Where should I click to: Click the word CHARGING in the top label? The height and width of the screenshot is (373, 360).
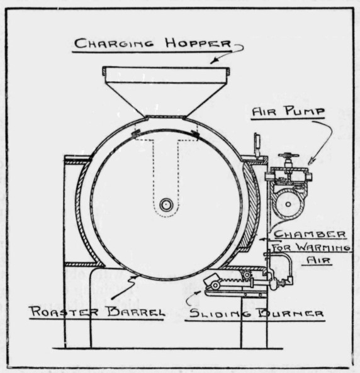tap(114, 43)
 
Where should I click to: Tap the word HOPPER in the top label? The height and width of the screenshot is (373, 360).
tap(198, 43)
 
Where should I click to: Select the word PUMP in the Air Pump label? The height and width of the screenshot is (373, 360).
tap(305, 111)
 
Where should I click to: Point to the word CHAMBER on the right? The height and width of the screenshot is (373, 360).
tap(310, 235)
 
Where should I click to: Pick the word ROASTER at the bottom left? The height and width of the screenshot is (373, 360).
tap(64, 311)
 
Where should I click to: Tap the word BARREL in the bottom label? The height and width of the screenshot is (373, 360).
tap(136, 312)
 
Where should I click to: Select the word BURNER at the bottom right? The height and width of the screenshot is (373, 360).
tap(291, 313)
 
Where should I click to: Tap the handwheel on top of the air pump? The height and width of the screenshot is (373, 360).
tap(289, 156)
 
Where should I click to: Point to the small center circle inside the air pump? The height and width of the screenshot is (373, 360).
tap(288, 204)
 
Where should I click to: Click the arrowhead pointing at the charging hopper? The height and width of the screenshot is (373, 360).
tap(213, 62)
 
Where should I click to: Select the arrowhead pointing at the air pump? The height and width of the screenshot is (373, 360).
tap(312, 162)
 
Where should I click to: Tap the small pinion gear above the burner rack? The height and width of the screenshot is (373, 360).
tap(247, 274)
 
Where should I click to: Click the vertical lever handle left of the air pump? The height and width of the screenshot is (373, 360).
tap(257, 145)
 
